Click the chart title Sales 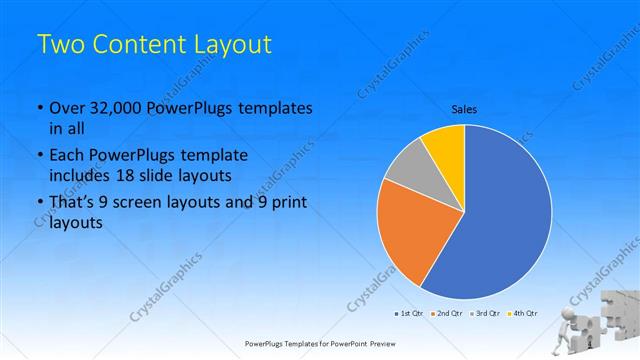coord(464,108)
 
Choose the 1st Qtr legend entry coord(411,314)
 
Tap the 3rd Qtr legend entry coord(485,314)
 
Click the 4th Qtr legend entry coord(522,314)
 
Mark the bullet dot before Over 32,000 coord(39,108)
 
